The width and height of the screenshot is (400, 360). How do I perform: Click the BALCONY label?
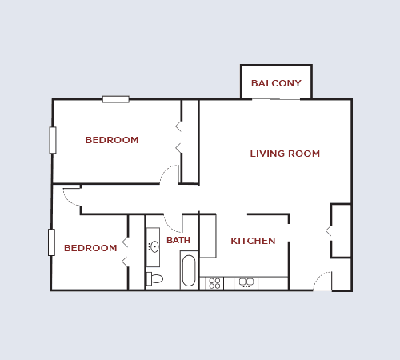tap(276, 83)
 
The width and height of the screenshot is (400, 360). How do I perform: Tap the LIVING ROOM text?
tap(285, 154)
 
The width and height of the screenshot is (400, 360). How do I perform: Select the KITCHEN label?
tap(253, 241)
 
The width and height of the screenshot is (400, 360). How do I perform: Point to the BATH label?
tap(178, 240)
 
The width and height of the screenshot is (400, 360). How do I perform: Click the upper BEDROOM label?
tap(112, 140)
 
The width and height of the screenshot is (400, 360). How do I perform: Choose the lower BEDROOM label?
tap(90, 248)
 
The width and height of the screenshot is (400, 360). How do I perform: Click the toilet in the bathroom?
tap(154, 278)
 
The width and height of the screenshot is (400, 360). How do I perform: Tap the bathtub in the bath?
tap(189, 270)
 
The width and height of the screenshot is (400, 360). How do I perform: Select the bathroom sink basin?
tap(154, 247)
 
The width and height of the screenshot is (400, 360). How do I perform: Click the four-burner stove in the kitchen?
tap(214, 283)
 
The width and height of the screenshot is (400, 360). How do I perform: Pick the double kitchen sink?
tap(246, 283)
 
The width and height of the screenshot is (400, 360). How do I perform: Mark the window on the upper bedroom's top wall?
tap(115, 99)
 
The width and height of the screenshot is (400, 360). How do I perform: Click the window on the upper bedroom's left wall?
tap(53, 140)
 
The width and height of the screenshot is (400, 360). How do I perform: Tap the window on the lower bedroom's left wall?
tap(51, 242)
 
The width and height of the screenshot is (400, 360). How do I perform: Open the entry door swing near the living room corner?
tap(322, 281)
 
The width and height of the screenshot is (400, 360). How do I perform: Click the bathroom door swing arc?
tap(172, 223)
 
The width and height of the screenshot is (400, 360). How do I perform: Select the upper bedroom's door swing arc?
tap(169, 174)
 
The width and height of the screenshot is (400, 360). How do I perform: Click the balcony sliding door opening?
tap(276, 99)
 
